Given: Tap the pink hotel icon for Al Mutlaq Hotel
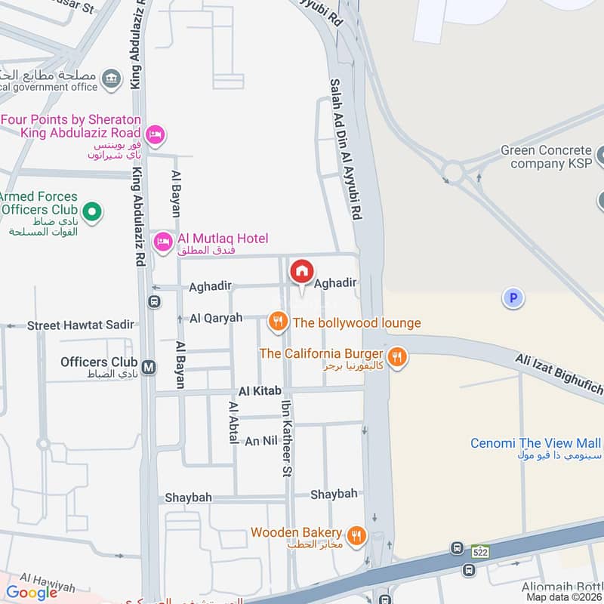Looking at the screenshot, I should coord(162,242).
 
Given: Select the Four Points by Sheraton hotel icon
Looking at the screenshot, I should coord(155,134).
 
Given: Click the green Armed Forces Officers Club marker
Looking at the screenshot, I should coord(92,212).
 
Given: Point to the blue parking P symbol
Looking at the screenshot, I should coord(513,299).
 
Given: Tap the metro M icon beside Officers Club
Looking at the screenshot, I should coord(149,367).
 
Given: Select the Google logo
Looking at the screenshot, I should coord(32,593).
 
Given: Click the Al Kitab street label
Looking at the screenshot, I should coord(260,391).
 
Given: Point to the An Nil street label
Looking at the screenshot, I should coord(263,441).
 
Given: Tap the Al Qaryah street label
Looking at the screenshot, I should coord(216,318).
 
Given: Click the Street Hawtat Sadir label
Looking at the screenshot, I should coord(81,325).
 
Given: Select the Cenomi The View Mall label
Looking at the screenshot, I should coord(536,443).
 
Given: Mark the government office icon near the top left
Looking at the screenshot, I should coord(112,76).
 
